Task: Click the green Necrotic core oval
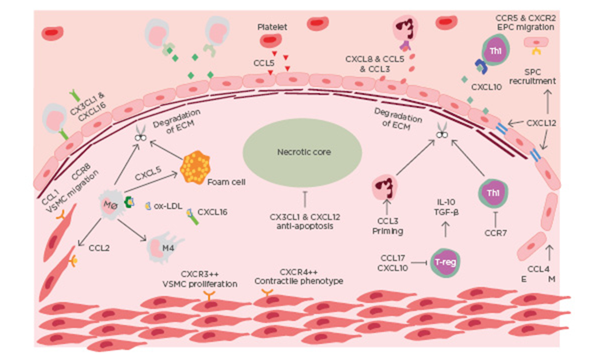pos(303,152)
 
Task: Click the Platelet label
pos(272,28)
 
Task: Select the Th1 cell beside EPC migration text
pos(496,50)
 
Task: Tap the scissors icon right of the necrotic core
pos(441,132)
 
